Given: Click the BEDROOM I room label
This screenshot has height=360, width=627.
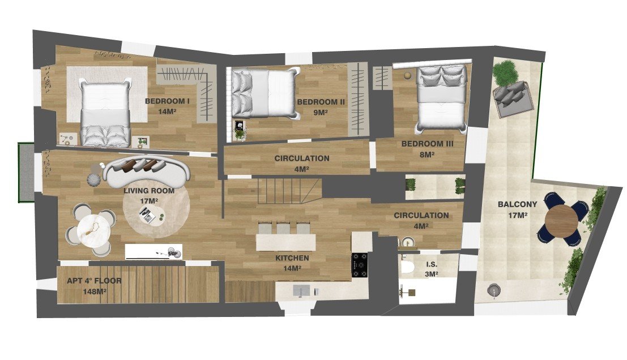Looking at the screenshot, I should (x=168, y=101).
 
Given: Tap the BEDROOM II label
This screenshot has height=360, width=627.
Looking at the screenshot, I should (x=321, y=102).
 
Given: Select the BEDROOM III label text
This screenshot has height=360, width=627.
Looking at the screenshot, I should (x=427, y=144).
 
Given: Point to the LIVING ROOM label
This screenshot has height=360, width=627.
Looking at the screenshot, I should (x=149, y=191).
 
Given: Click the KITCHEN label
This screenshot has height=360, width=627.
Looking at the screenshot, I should (x=292, y=258).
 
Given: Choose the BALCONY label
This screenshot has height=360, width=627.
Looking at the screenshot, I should (x=513, y=204).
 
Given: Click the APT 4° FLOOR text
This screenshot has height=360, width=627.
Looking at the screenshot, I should (x=94, y=281).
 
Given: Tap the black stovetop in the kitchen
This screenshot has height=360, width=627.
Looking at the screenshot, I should (x=360, y=265).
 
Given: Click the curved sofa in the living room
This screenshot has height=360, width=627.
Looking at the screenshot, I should (x=144, y=171).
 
